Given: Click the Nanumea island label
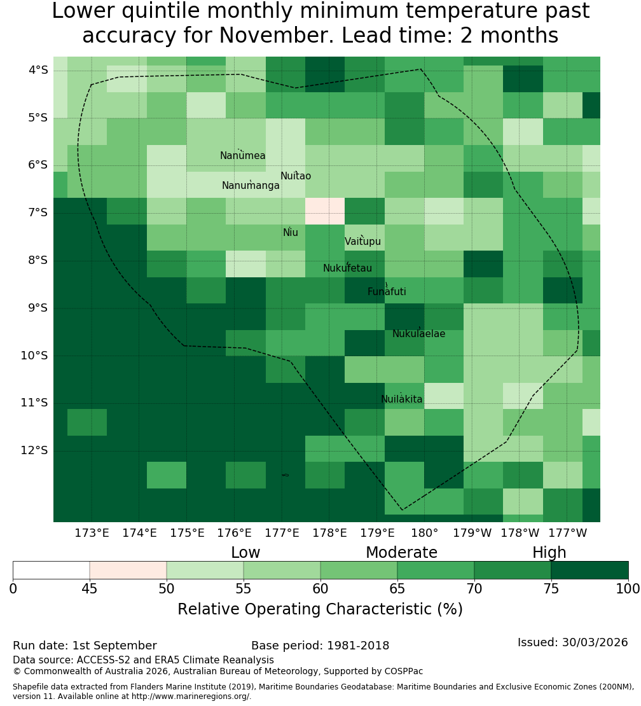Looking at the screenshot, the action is click(x=243, y=156).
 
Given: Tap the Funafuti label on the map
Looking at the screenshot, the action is click(x=387, y=292).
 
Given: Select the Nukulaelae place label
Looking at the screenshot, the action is click(x=418, y=334).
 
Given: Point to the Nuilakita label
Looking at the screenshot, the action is click(x=401, y=399).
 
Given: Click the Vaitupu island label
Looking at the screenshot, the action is click(x=363, y=241).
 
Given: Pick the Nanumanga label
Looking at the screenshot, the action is click(x=251, y=186).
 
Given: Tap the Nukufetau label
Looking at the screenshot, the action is click(x=347, y=268).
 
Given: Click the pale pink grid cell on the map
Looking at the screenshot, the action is click(x=325, y=211).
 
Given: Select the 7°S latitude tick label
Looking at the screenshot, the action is click(x=38, y=212).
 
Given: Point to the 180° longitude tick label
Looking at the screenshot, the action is click(x=425, y=533).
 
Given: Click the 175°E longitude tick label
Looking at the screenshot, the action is click(x=187, y=533).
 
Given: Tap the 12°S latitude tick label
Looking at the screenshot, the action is click(x=34, y=450).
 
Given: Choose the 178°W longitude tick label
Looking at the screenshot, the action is click(x=520, y=533).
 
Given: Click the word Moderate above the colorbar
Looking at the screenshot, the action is click(x=401, y=553).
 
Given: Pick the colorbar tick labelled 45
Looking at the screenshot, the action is click(x=90, y=588).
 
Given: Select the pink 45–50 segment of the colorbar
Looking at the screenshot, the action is click(x=128, y=570).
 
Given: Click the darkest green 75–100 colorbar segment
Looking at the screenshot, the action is click(x=589, y=570).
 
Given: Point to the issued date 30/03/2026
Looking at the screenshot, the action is click(x=595, y=642).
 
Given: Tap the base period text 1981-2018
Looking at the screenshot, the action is click(x=358, y=646).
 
